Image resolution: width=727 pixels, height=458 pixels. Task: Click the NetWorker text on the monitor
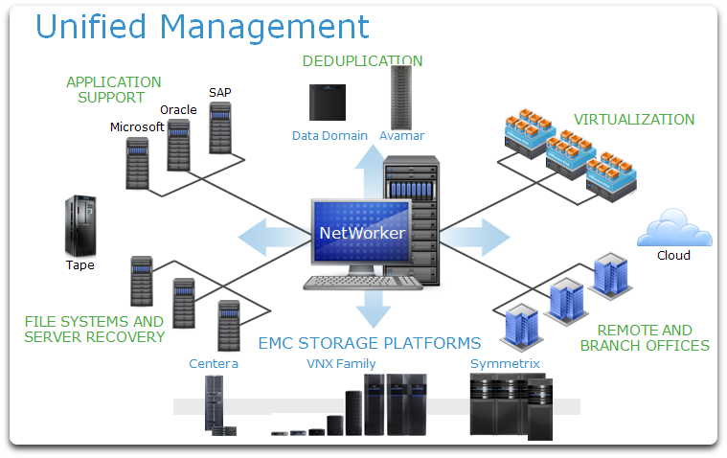coord(362,233)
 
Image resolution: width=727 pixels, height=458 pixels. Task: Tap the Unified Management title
coord(202,27)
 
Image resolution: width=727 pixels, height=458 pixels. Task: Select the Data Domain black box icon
coord(328,103)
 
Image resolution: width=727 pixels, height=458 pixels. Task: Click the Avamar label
coord(401,135)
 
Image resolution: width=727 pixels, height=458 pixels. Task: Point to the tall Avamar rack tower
coord(401,98)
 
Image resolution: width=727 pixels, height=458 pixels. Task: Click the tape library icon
coord(80,226)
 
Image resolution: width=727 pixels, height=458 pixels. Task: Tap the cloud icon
coord(674,228)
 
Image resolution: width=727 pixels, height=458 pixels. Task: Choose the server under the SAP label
coord(220,128)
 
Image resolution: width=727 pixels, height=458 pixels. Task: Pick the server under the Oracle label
coord(178,146)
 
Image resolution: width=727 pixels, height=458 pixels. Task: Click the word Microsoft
coord(137,126)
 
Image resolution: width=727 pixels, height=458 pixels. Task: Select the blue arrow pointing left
coord(275,237)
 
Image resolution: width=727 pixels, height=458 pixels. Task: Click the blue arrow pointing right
coord(475,237)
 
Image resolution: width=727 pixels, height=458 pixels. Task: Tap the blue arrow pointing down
coord(374,309)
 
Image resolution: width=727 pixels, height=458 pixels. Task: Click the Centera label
coord(214,363)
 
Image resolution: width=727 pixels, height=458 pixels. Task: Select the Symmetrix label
coord(505,363)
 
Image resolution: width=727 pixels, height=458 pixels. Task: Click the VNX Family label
coord(341,363)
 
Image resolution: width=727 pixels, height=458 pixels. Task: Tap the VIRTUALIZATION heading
coord(634,119)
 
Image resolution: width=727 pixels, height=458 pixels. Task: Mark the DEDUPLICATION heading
coord(362,60)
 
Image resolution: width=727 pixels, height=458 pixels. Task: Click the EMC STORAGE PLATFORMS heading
coord(370,343)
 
